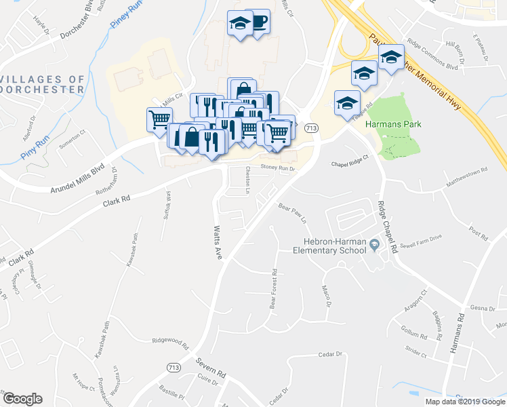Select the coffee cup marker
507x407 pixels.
pos(259,21)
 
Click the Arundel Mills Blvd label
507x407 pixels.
pos(79,180)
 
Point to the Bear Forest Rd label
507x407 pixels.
pos(274,290)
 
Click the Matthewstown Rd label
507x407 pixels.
pos(466,180)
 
